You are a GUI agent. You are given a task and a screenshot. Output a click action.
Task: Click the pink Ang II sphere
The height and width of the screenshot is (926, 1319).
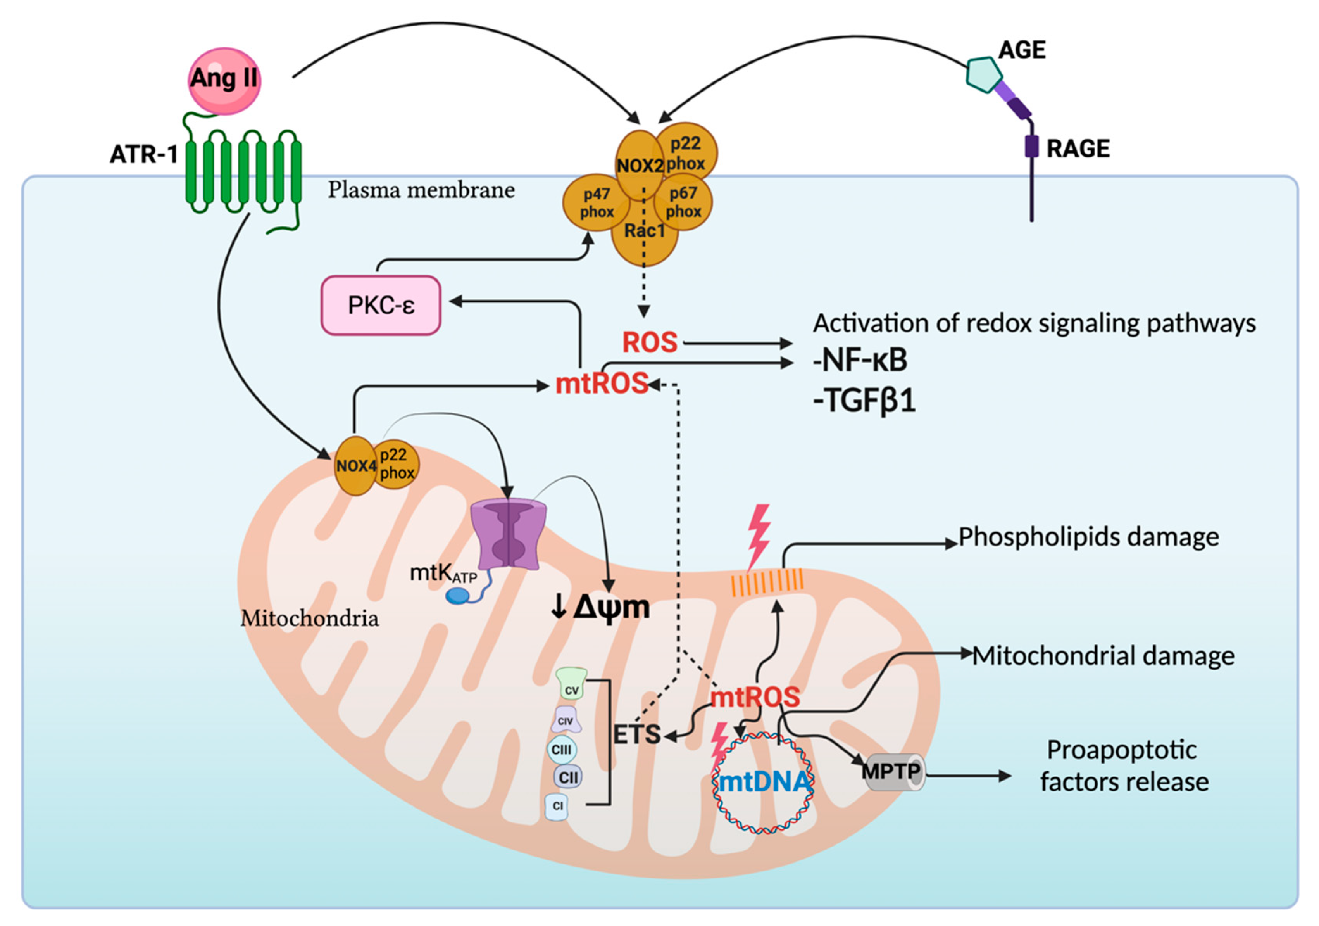pyautogui.click(x=224, y=81)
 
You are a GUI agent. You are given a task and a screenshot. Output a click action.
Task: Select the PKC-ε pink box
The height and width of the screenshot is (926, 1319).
pyautogui.click(x=380, y=305)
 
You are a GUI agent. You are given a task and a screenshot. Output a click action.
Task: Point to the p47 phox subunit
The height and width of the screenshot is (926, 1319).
pyautogui.click(x=596, y=203)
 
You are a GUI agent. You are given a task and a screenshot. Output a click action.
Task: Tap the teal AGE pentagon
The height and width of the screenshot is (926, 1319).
pyautogui.click(x=983, y=74)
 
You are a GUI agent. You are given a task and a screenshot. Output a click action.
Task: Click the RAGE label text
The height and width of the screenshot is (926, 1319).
pyautogui.click(x=1078, y=149)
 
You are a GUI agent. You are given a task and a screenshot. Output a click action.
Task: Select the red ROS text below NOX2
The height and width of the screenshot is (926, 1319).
pyautogui.click(x=650, y=342)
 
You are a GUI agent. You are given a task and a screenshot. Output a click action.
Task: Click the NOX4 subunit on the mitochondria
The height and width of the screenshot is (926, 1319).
pyautogui.click(x=355, y=466)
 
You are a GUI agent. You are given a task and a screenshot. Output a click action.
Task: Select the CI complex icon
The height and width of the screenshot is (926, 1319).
pyautogui.click(x=557, y=805)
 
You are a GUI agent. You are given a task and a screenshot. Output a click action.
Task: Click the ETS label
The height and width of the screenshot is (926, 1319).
pyautogui.click(x=636, y=734)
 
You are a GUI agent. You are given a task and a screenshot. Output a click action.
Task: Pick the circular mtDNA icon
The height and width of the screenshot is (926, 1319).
pyautogui.click(x=763, y=782)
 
